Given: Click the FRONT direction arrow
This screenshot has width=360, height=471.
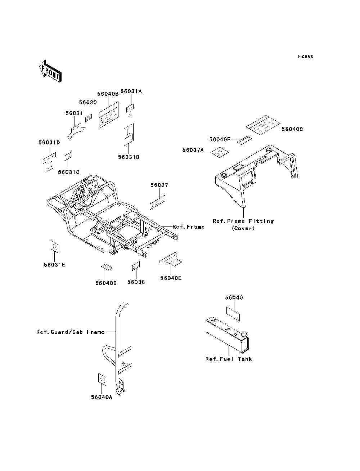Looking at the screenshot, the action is coord(50,71).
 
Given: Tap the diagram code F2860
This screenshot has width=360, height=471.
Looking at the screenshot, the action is coord(306,57).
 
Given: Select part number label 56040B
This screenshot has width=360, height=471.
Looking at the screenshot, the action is coord(108,94).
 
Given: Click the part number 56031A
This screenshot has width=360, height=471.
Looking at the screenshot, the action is coord(131,91).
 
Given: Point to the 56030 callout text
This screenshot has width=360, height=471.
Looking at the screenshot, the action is coord(88,102).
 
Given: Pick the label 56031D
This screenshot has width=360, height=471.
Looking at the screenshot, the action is coord(49,143).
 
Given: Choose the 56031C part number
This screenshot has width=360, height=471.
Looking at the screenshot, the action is coord(69,172).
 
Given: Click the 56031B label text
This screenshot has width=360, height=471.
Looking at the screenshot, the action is coord(129,157).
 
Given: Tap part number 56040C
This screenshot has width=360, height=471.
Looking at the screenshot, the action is coord(292,129).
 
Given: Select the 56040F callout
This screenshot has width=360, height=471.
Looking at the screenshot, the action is coord(220,139).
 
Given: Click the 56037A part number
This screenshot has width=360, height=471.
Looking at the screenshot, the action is coord(193,150).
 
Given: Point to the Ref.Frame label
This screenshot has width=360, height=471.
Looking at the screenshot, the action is coord(189,227).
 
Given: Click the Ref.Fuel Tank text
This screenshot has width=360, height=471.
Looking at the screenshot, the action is coord(229,359).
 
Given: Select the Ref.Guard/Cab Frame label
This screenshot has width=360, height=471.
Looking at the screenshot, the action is coord(70,332).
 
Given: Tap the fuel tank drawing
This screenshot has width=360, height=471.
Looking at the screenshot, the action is coord(228,335).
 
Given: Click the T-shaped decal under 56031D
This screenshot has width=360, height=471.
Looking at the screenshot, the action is coord(50,162).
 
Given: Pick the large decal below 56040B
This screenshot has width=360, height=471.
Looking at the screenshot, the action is coord(109,115).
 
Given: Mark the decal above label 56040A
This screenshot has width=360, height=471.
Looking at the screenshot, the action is coord(102,380).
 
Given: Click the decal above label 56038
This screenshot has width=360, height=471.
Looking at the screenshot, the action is coord(136,266).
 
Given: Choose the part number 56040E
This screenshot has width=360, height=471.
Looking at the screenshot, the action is coord(171,278).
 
